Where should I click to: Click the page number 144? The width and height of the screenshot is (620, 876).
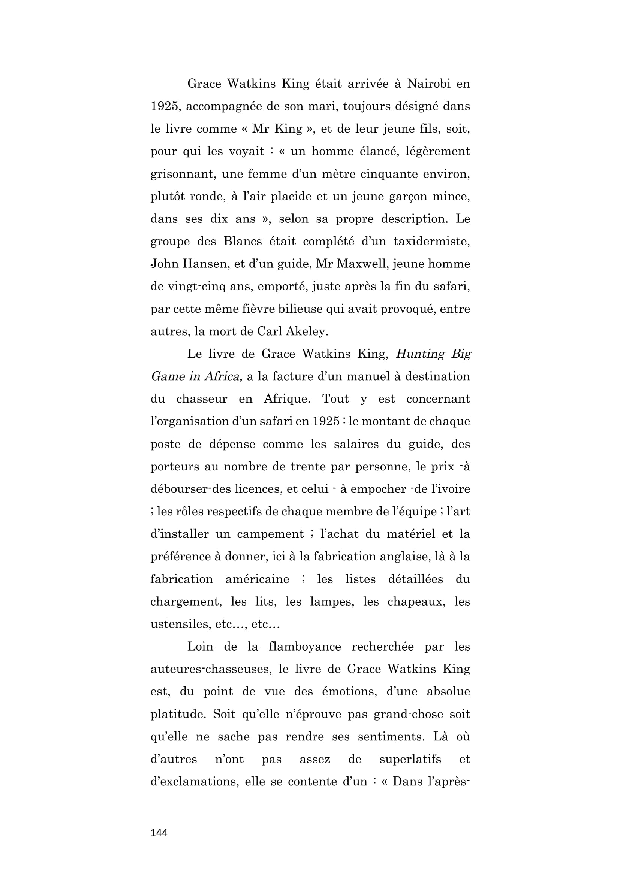coord(159,833)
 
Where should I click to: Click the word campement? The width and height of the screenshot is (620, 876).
coord(270,534)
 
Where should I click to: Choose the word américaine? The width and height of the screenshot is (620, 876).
coord(257,579)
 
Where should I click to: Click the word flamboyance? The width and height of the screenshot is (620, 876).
coord(305,647)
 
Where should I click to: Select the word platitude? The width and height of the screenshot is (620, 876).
coord(177,714)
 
